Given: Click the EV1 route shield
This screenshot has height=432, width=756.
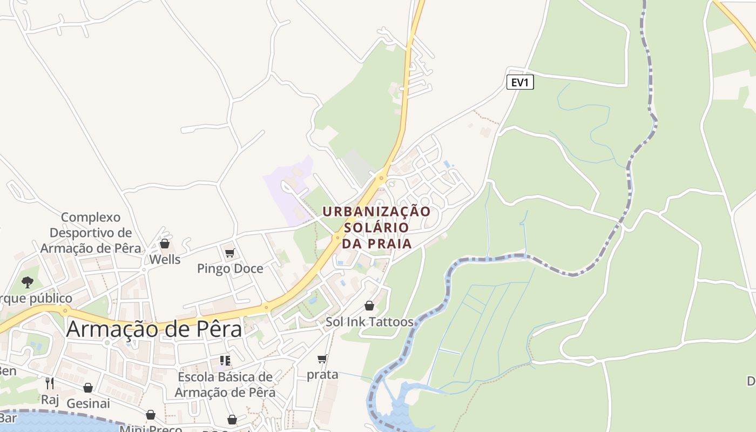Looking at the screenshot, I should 520,83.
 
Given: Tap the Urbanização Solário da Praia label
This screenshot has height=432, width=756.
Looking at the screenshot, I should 376,227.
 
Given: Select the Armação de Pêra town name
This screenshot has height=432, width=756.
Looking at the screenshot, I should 154,329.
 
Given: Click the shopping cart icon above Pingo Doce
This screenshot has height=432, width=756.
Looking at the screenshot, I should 230,253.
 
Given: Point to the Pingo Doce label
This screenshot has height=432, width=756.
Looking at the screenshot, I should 230,268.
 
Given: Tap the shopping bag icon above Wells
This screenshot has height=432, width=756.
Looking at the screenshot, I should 165,244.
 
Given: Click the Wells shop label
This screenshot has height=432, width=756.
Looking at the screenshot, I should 165,259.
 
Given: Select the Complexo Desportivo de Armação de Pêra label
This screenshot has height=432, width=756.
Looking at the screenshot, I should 91,233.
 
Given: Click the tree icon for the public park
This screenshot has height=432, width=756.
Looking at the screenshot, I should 27,282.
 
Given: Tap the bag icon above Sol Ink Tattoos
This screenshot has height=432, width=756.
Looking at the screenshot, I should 369,306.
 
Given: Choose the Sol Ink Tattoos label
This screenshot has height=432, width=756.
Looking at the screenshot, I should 369,322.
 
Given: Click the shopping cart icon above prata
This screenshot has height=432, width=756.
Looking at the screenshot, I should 322,359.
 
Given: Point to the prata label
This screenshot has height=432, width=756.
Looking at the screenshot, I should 322,374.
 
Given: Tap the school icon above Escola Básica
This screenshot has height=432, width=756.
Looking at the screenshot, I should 225,361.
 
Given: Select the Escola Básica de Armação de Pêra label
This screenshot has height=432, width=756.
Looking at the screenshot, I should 225,384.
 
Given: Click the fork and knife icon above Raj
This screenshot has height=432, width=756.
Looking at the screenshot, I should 50,383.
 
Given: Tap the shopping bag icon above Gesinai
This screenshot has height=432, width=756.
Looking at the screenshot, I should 88,388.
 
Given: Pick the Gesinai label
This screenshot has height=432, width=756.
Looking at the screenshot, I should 88,403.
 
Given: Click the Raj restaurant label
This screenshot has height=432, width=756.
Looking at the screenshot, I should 50,400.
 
